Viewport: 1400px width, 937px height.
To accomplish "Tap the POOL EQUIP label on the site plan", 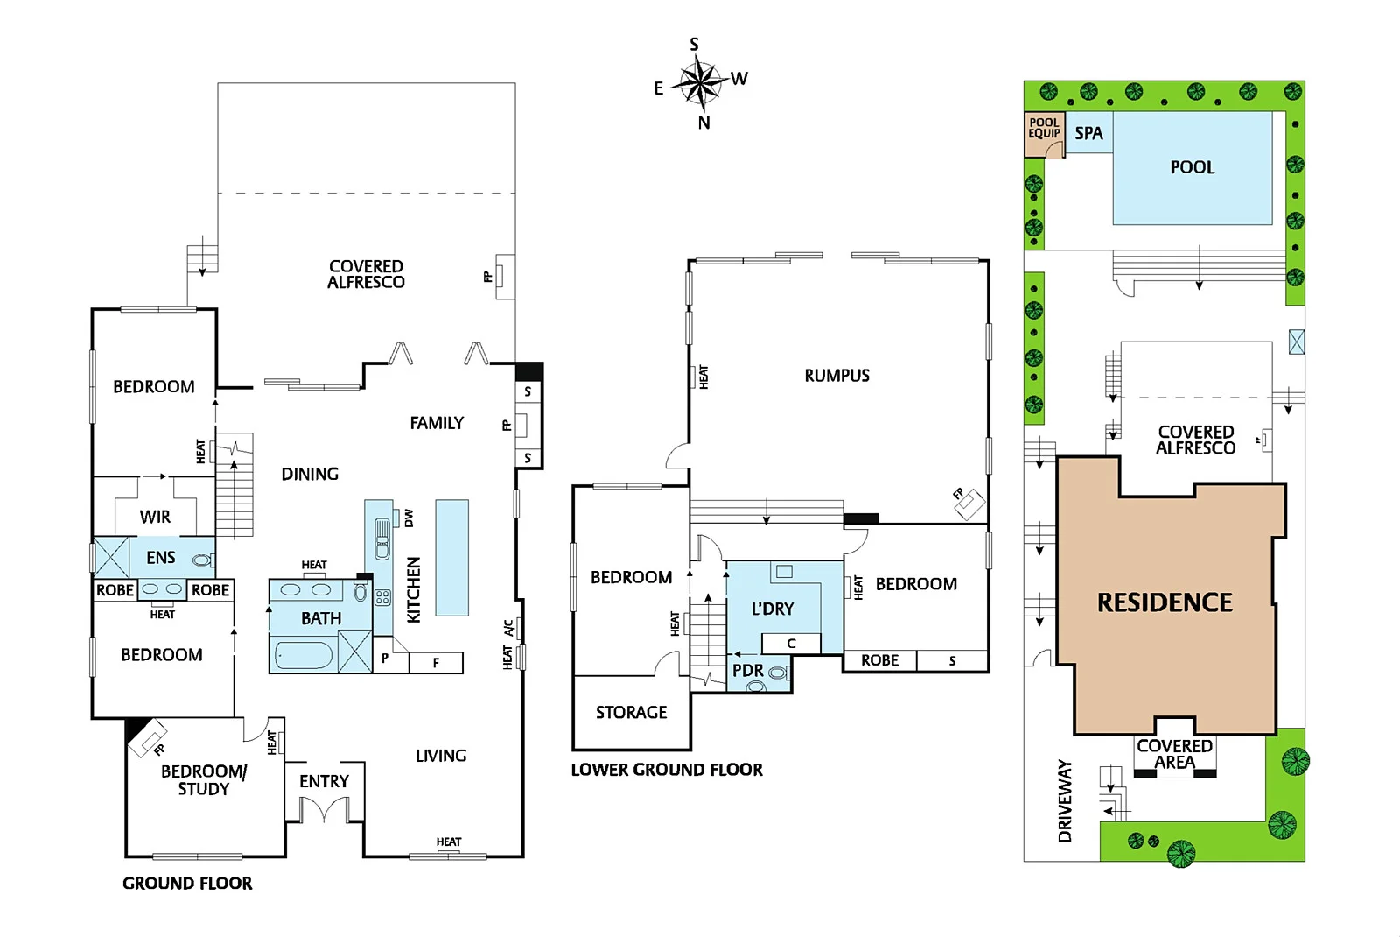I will coord(1044,129).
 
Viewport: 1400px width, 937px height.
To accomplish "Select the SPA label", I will coord(1088,133).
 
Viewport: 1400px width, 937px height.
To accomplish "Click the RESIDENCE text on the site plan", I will coord(1165,602).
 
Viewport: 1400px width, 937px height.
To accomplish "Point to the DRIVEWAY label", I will coord(1065,800).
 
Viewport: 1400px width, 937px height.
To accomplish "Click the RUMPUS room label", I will coord(836,376).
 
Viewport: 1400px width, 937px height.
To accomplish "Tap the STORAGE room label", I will coord(631,713).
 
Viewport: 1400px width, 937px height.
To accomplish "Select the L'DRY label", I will coord(773,609).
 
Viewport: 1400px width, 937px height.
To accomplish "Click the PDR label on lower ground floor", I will coord(747,671).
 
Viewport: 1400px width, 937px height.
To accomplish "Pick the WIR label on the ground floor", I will coord(155,517).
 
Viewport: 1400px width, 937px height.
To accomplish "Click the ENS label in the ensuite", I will coord(160,558).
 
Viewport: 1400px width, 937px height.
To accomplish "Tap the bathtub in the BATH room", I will coord(304,655).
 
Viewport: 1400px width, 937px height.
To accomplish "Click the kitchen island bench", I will coord(451,557).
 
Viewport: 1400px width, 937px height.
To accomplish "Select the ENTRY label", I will coord(324,781).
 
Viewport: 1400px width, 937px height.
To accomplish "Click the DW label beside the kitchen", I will coord(409,518).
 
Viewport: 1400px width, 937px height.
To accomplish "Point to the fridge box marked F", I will coord(436,663).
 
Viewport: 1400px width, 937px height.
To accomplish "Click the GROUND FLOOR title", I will coord(187,884).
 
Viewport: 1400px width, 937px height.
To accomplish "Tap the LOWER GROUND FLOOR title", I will coord(667,770).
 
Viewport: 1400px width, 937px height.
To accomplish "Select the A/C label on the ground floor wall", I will coord(508,628).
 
